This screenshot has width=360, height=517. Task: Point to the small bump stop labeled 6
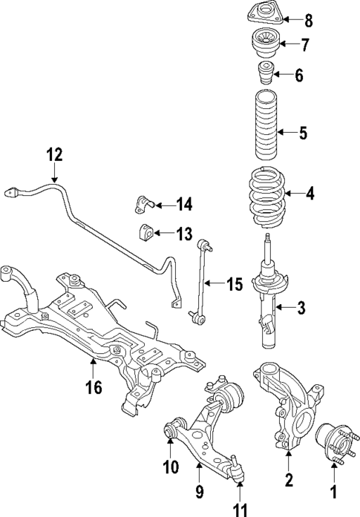264,74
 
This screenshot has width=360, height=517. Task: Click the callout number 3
301,306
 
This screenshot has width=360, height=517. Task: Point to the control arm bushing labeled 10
171,429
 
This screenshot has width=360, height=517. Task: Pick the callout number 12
54,155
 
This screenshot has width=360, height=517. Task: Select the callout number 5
302,134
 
